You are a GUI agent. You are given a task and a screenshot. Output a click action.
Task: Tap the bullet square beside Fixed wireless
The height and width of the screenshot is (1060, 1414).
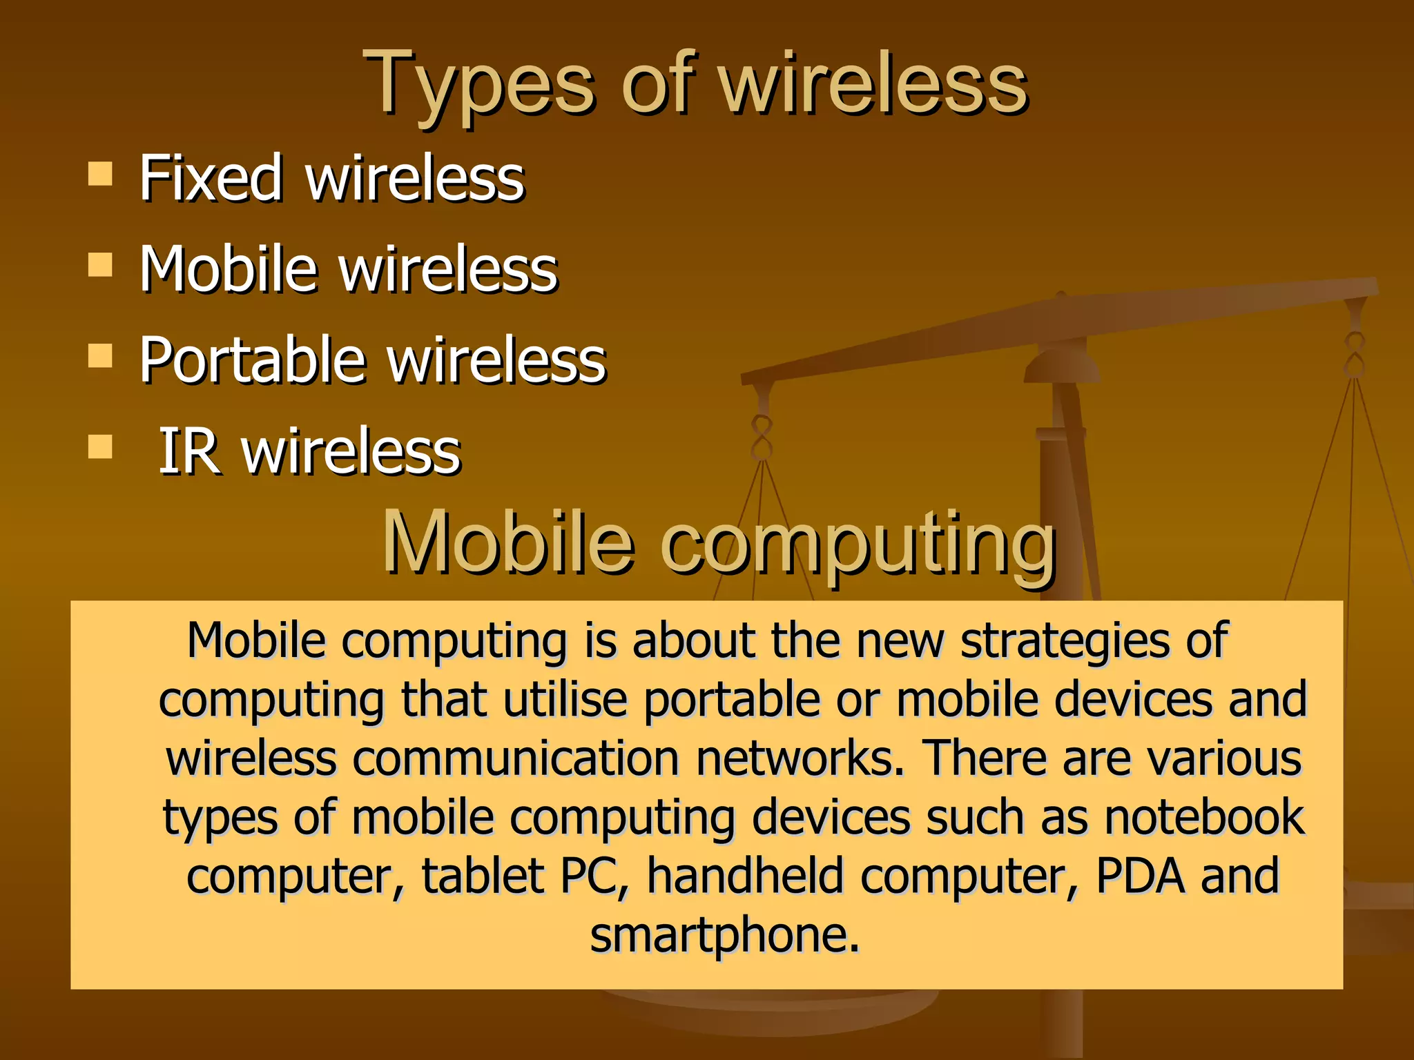(101, 175)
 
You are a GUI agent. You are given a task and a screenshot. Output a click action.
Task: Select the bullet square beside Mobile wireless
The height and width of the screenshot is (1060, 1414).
(101, 265)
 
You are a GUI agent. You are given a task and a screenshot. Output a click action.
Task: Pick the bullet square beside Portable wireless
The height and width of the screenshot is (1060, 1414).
(101, 356)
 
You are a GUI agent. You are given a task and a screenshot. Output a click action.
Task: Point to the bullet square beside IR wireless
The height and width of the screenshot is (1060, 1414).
(101, 446)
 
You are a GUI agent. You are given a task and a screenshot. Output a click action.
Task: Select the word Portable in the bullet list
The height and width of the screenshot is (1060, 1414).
(252, 360)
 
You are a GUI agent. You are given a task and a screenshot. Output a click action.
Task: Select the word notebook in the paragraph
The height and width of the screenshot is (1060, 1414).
(1204, 817)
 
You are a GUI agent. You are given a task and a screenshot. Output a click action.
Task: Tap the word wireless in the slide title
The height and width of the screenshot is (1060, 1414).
(874, 86)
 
